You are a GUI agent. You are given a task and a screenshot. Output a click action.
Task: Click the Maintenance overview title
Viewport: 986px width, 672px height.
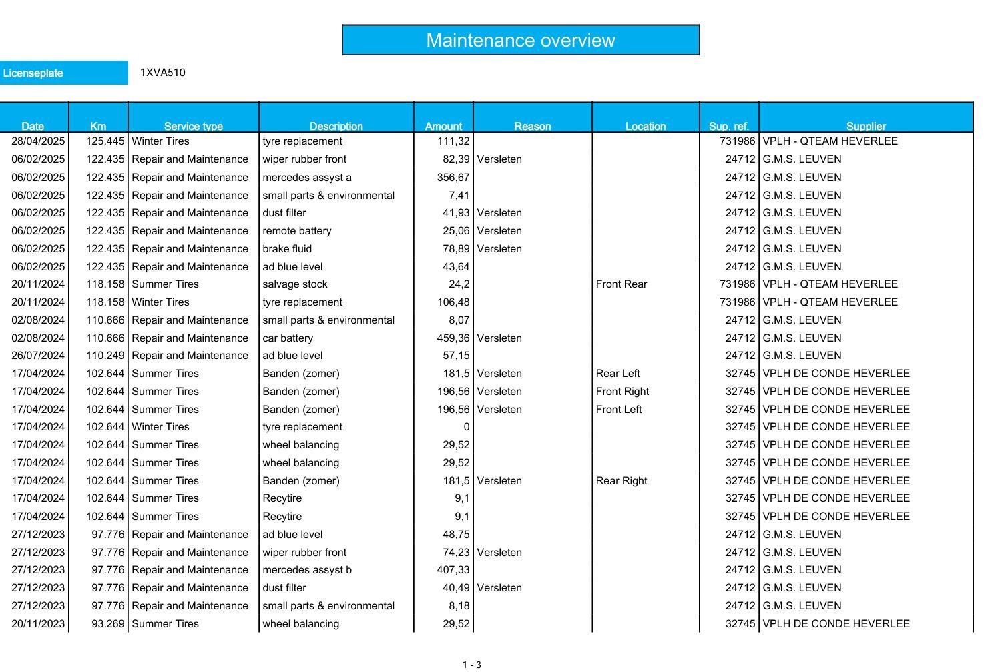pyautogui.click(x=520, y=40)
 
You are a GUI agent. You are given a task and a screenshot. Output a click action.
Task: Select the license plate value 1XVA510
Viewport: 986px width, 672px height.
pyautogui.click(x=163, y=73)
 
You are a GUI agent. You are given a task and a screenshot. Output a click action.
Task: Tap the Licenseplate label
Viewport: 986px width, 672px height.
pyautogui.click(x=33, y=73)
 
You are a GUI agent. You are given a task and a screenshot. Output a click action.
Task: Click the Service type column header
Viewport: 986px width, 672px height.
pyautogui.click(x=193, y=126)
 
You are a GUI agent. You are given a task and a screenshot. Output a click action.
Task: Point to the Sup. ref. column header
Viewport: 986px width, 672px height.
pyautogui.click(x=728, y=126)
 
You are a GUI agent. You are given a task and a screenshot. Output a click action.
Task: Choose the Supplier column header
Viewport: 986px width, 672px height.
pyautogui.click(x=866, y=126)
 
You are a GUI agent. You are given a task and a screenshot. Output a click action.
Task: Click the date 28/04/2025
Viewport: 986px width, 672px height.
pyautogui.click(x=39, y=141)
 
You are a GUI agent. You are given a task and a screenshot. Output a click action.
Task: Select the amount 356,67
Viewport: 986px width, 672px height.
pyautogui.click(x=453, y=178)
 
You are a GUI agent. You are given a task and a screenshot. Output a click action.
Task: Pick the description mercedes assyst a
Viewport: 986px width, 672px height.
pyautogui.click(x=307, y=178)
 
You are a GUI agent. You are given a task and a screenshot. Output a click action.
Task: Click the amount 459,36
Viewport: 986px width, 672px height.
pyautogui.click(x=453, y=338)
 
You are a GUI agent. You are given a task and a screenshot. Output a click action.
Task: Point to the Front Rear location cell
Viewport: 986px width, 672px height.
pyautogui.click(x=622, y=284)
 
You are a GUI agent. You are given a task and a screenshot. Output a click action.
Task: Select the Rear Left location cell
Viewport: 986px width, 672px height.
pyautogui.click(x=618, y=374)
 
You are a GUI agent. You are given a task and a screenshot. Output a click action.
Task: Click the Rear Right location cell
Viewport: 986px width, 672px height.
pyautogui.click(x=622, y=481)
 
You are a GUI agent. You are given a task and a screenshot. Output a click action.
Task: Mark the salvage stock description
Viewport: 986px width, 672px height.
pyautogui.click(x=295, y=284)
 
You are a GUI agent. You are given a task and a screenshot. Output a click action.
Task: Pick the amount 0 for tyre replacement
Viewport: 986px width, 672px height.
pyautogui.click(x=466, y=427)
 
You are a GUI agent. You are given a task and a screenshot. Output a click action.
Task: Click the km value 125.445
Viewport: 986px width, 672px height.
pyautogui.click(x=105, y=141)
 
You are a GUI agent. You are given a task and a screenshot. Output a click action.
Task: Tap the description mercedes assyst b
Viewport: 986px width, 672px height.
pyautogui.click(x=307, y=570)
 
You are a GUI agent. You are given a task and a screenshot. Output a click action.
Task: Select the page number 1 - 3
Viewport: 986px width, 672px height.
pyautogui.click(x=471, y=665)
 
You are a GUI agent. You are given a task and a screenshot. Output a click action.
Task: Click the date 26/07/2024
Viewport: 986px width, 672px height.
pyautogui.click(x=39, y=356)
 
